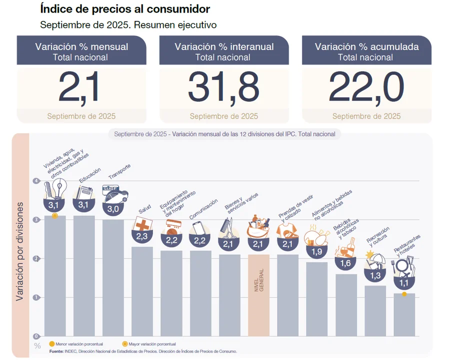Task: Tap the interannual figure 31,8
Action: pos(223,87)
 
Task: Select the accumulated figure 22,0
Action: pos(366,87)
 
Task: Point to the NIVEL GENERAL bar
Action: pos(258,295)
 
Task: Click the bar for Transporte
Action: pos(113,277)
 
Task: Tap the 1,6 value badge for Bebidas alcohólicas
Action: pos(345,263)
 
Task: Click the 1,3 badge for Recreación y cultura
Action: pos(375,274)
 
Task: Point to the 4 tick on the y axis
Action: pos(36,181)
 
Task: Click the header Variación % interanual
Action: pos(224,46)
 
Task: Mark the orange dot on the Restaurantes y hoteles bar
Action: pos(404,294)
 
